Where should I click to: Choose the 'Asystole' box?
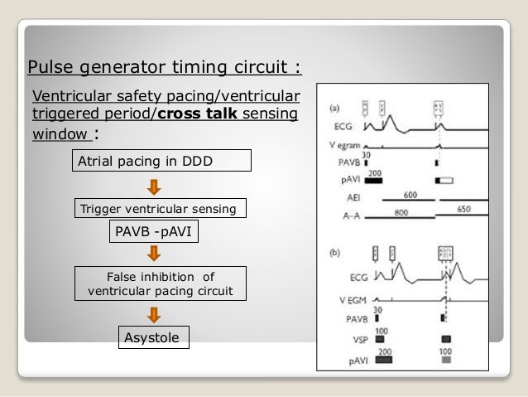[151, 336]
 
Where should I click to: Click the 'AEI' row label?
[353, 200]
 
